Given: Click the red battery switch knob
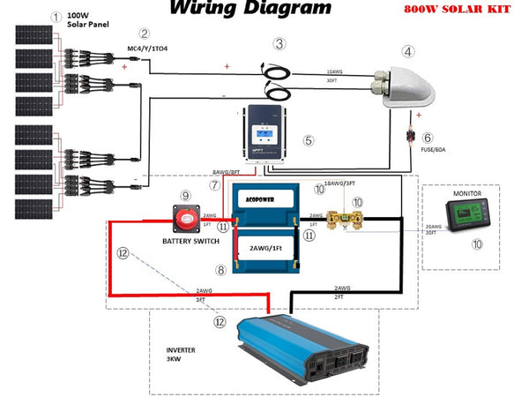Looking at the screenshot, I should click(x=186, y=215).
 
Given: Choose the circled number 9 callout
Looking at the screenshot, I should click(x=185, y=195).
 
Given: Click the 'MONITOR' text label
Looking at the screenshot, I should click(x=466, y=192).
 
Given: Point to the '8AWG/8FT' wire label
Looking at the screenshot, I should click(x=227, y=173).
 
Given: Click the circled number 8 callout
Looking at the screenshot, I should click(x=221, y=270).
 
